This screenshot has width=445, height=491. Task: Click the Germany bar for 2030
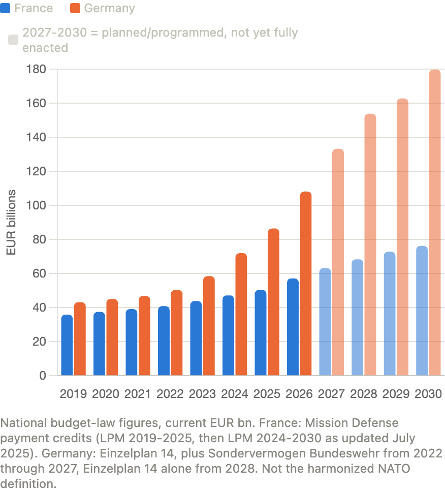pyautogui.click(x=435, y=222)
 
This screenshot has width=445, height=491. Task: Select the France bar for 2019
pyautogui.click(x=67, y=345)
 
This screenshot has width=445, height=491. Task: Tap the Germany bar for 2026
pyautogui.click(x=306, y=284)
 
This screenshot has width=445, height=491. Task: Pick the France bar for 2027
pyautogui.click(x=325, y=322)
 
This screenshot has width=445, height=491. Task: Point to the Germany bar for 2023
pyautogui.click(x=209, y=326)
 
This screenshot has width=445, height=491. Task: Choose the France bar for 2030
pyautogui.click(x=422, y=311)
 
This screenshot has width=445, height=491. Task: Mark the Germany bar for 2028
pyautogui.click(x=370, y=244)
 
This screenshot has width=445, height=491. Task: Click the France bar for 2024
pyautogui.click(x=229, y=335)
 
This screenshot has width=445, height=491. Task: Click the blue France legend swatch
pyautogui.click(x=5, y=8)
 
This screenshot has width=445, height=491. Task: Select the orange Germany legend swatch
pyautogui.click(x=75, y=8)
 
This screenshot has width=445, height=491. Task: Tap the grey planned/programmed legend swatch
pyautogui.click(x=13, y=40)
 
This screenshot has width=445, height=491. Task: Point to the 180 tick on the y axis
pyautogui.click(x=36, y=69)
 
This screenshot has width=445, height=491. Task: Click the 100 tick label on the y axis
pyautogui.click(x=36, y=205)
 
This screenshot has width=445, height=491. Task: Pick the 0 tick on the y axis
pyautogui.click(x=43, y=376)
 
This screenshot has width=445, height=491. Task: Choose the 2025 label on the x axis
pyautogui.click(x=267, y=393)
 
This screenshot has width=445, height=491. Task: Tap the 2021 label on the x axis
pyautogui.click(x=138, y=393)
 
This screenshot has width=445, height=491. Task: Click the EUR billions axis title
pyautogui.click(x=11, y=222)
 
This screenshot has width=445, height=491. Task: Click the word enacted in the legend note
pyautogui.click(x=45, y=48)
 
